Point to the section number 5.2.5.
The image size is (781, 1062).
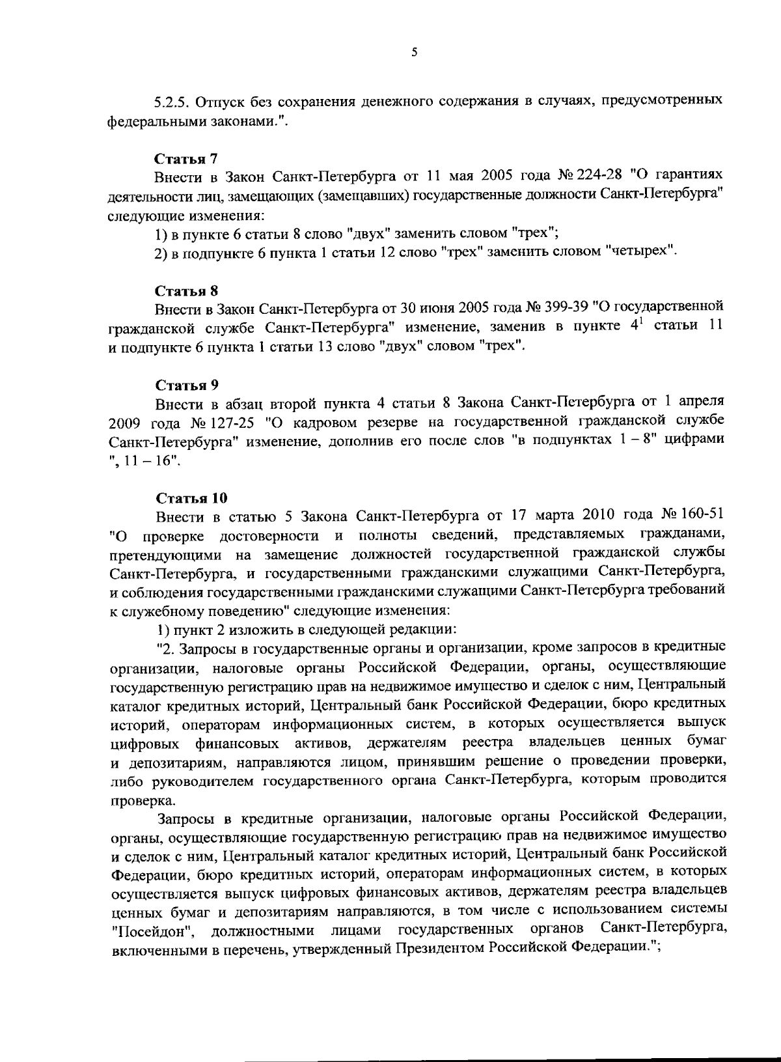(x=172, y=102)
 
